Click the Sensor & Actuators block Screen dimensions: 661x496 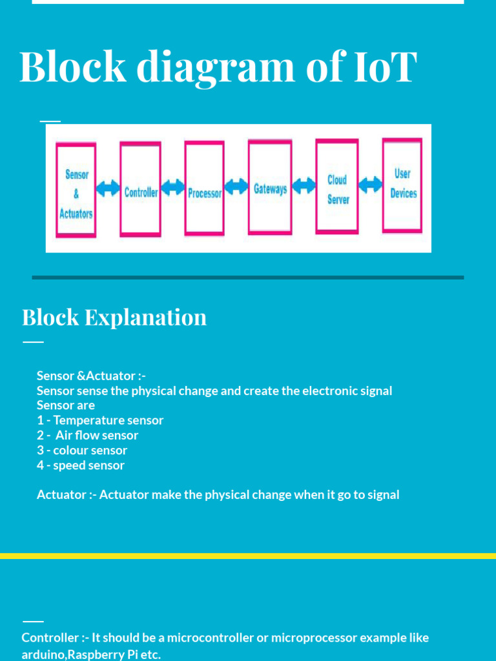pyautogui.click(x=76, y=191)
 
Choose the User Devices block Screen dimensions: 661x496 pyautogui.click(x=402, y=185)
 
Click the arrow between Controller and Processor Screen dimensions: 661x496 pyautogui.click(x=172, y=188)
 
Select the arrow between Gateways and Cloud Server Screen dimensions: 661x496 pyautogui.click(x=304, y=187)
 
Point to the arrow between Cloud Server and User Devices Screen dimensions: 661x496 pyautogui.click(x=370, y=185)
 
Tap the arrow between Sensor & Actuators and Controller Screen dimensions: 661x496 pyautogui.click(x=108, y=189)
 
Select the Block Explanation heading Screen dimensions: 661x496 pyautogui.click(x=114, y=317)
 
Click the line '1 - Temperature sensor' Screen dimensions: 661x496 pyautogui.click(x=100, y=420)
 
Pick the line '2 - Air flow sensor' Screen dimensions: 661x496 pyautogui.click(x=88, y=435)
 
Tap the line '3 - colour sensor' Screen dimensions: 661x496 pyautogui.click(x=82, y=450)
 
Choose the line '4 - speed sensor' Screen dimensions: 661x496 pyautogui.click(x=81, y=465)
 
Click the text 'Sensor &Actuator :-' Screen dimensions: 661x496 pyautogui.click(x=87, y=376)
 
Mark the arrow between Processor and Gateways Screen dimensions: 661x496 pyautogui.click(x=236, y=187)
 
